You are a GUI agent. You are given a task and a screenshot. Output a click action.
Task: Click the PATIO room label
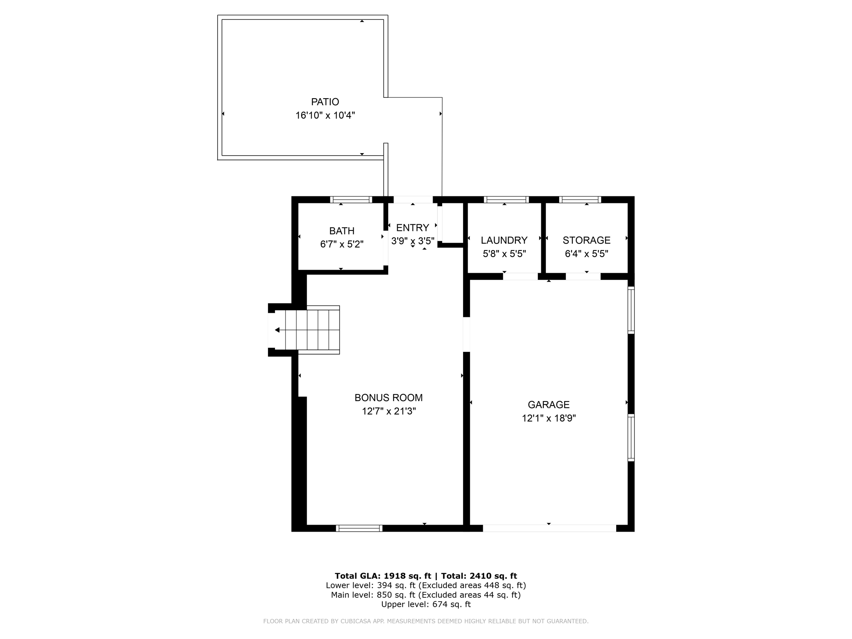pos(325,102)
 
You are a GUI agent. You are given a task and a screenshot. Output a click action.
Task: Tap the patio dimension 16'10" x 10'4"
pos(325,115)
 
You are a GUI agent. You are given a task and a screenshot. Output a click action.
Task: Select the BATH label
pos(342,231)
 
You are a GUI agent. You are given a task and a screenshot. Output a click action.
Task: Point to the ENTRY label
pos(412,228)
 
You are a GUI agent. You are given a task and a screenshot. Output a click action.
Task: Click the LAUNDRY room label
pos(504,240)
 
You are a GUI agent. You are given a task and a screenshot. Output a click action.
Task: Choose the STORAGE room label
pos(586,240)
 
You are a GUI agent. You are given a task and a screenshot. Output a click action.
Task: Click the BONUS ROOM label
pos(388,398)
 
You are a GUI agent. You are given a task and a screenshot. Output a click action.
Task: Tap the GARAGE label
pos(548,404)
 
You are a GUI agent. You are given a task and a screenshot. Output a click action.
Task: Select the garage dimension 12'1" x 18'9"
pos(548,418)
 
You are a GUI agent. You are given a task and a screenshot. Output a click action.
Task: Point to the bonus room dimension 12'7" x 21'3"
pos(388,411)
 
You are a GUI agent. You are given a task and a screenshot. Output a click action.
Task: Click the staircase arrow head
pos(277,330)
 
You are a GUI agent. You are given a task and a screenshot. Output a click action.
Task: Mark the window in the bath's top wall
pos(351,200)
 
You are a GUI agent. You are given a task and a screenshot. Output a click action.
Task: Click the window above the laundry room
pos(506,200)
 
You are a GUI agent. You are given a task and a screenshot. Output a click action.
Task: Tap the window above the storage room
pos(580,200)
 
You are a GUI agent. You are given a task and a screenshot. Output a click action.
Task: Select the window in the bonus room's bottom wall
pos(359,528)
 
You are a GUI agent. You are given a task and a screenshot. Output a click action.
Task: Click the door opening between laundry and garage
pos(520,276)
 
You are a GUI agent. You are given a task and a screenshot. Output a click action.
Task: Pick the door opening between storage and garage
pos(583,276)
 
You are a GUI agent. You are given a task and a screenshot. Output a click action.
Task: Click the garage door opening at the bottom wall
pos(549,528)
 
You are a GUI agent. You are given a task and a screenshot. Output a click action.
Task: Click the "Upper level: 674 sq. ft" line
pos(426,604)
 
